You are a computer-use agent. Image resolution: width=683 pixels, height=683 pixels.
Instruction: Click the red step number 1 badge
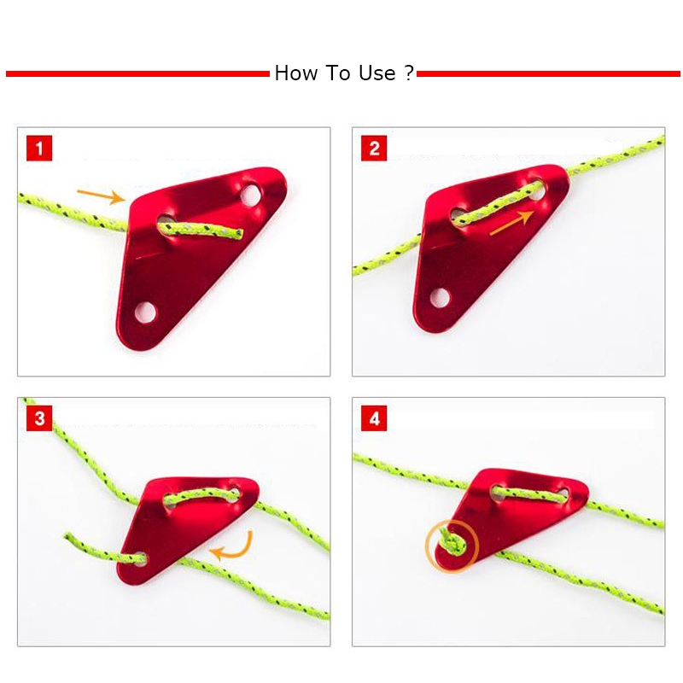(x=39, y=148)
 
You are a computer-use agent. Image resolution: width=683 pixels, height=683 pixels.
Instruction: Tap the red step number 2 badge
(x=374, y=148)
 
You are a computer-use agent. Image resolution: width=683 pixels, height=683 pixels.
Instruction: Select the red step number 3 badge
(x=39, y=418)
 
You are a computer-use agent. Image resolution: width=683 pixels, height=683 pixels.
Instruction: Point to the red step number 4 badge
(x=374, y=418)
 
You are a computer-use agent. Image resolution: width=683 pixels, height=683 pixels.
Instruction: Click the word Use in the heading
(x=377, y=73)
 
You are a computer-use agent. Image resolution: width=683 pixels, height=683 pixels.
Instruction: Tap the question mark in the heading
(x=409, y=73)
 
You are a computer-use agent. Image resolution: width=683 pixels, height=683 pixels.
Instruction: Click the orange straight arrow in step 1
(x=101, y=196)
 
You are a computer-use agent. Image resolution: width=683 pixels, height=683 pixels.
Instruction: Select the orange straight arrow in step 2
(x=511, y=222)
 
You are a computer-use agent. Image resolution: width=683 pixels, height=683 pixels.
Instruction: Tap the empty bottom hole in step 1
(x=145, y=312)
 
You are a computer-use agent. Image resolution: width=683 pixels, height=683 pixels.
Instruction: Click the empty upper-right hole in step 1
(x=251, y=196)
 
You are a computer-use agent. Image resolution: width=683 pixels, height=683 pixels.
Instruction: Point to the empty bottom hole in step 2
(x=440, y=297)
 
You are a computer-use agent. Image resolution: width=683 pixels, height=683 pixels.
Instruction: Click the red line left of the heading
(x=137, y=74)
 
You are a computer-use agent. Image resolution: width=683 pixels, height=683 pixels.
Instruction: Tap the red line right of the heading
(x=548, y=74)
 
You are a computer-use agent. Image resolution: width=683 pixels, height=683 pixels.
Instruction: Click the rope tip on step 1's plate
(x=240, y=234)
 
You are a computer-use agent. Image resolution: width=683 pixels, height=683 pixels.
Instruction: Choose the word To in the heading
(x=338, y=73)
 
